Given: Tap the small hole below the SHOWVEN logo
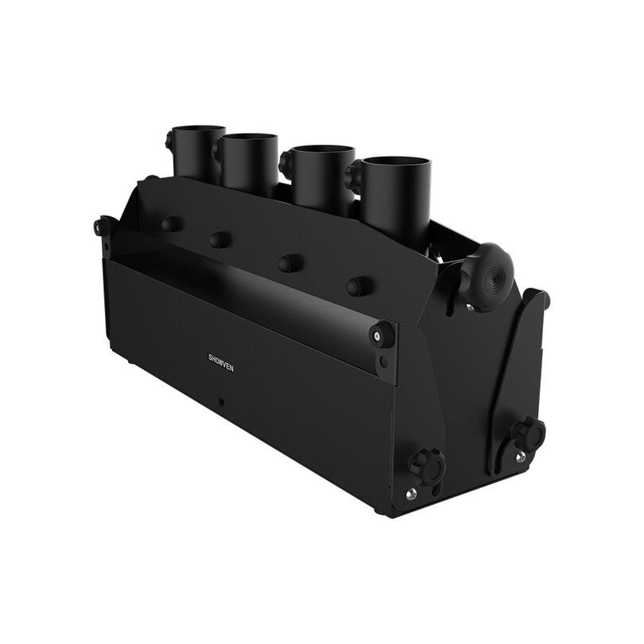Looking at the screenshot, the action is pyautogui.click(x=222, y=402).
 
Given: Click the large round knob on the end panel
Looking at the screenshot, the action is pyautogui.click(x=487, y=277).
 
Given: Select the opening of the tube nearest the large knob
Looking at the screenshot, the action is pyautogui.click(x=397, y=165).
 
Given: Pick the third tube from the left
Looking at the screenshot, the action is pyautogui.click(x=323, y=175).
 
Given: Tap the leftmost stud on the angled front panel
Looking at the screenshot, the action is pyautogui.click(x=168, y=224).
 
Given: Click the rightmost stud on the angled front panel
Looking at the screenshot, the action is pyautogui.click(x=355, y=286).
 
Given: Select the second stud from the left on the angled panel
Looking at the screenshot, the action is pyautogui.click(x=216, y=240).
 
